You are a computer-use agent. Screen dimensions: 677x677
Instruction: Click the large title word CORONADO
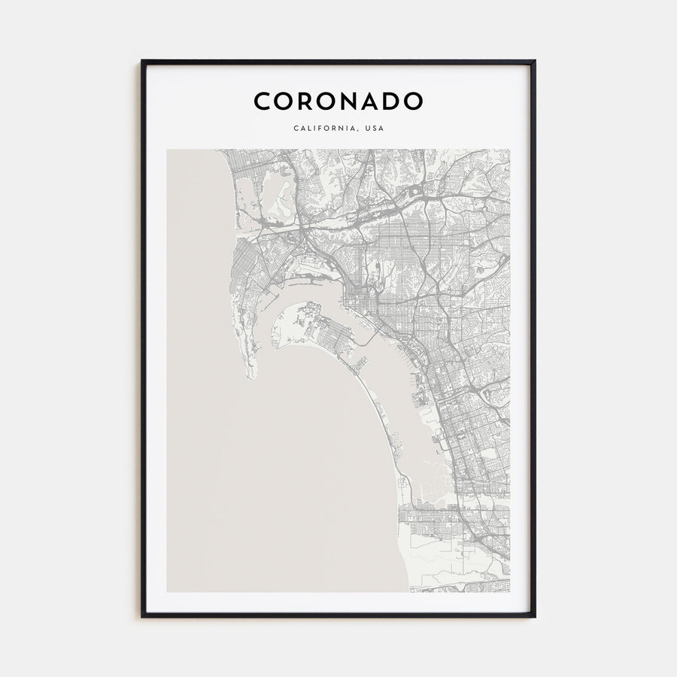tap(338, 101)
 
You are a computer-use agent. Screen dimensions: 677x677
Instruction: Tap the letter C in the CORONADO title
tap(261, 101)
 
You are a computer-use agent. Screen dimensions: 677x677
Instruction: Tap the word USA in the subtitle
tap(373, 128)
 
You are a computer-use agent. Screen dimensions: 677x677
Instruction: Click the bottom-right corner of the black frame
tap(536, 617)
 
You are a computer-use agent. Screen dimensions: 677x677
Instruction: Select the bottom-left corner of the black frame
tap(141, 617)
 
